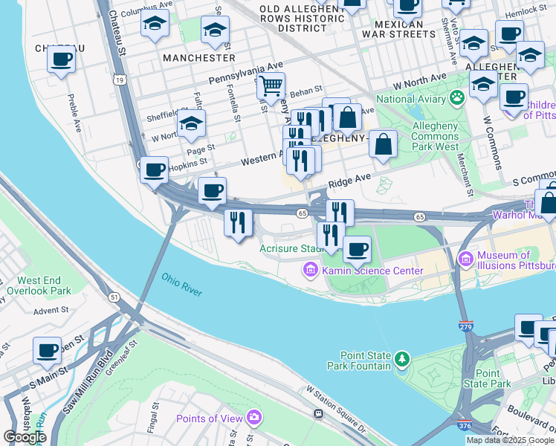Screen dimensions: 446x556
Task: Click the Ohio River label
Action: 181,285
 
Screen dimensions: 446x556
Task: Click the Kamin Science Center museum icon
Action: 310,271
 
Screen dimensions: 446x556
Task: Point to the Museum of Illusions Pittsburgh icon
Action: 466,259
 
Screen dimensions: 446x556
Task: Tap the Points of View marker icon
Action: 255,418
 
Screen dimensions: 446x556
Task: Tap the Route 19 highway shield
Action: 119,78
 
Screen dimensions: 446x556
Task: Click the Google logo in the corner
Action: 25,437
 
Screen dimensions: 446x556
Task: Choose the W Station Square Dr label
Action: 337,408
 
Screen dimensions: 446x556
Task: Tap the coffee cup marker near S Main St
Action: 47,349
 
